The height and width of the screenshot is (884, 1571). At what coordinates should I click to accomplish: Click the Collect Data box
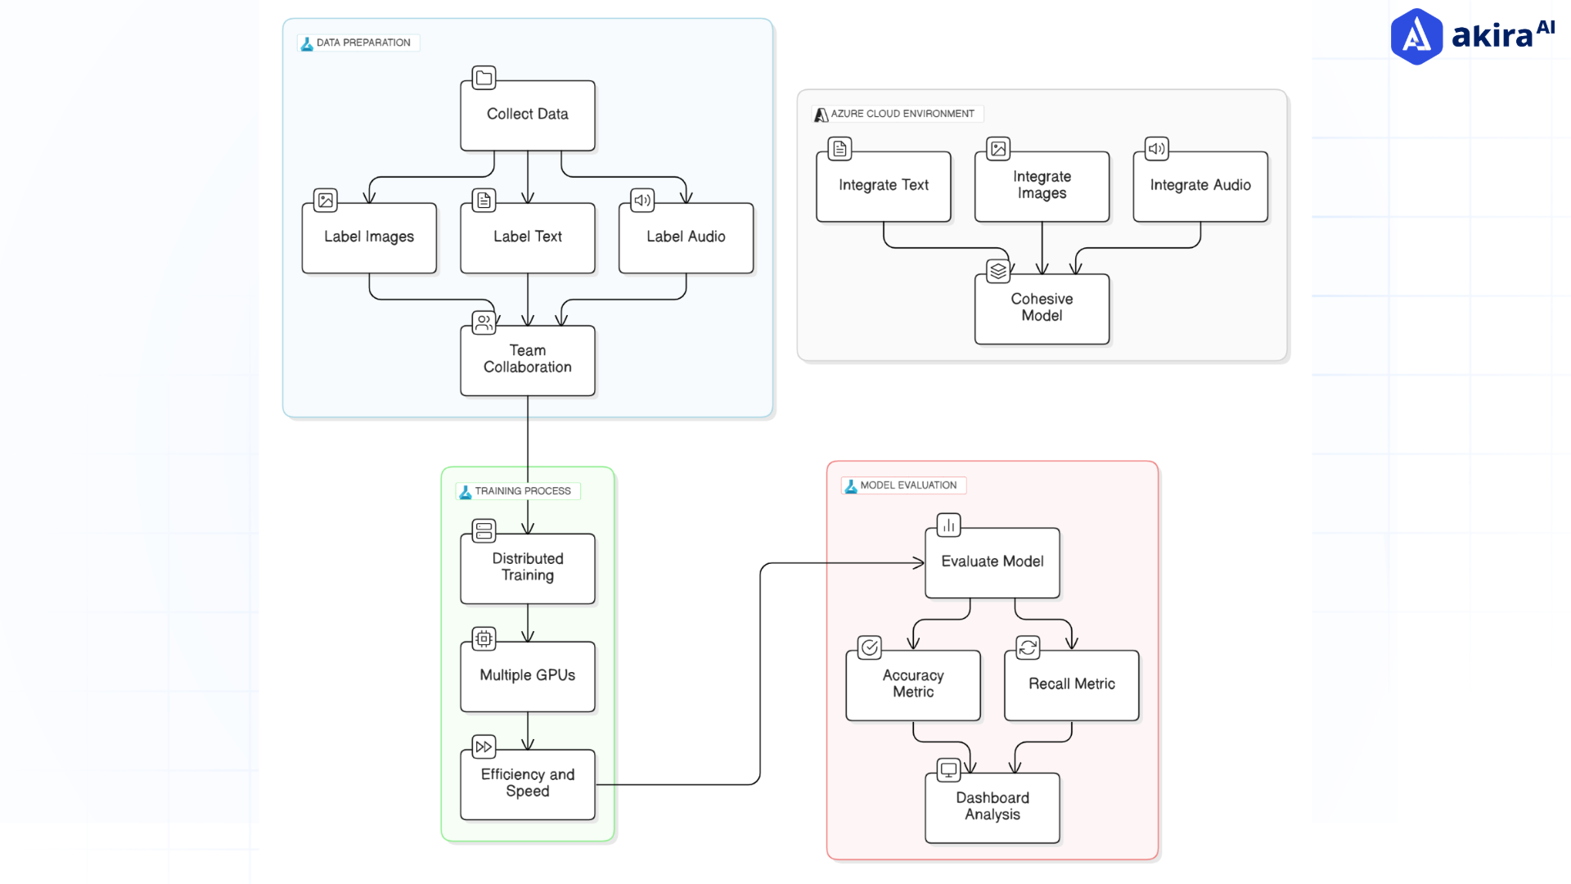click(527, 115)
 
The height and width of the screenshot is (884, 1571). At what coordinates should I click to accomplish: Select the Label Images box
click(369, 237)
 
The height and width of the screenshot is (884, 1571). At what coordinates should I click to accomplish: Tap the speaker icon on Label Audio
click(642, 200)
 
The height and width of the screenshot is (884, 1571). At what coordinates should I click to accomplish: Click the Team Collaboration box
click(527, 360)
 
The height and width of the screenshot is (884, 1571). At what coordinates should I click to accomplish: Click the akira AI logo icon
click(1416, 37)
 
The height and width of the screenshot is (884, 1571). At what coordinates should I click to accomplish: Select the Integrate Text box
click(883, 187)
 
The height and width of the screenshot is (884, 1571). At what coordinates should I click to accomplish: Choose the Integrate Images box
click(1042, 187)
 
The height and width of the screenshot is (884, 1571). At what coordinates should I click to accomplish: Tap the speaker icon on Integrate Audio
click(1156, 149)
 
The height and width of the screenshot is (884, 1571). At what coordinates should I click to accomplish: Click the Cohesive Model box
click(1042, 309)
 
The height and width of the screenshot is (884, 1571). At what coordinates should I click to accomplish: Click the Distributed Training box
click(527, 568)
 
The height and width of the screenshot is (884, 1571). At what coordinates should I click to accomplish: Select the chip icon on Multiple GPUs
click(484, 638)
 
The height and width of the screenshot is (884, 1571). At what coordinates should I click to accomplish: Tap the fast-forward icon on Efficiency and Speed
click(484, 746)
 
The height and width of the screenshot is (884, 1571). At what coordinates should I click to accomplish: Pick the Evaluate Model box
click(992, 562)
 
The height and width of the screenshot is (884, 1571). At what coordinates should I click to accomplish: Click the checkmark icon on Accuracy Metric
click(869, 647)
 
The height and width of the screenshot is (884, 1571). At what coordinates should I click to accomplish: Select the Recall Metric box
click(1071, 685)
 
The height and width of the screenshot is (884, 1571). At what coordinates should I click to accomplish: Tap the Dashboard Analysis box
click(992, 807)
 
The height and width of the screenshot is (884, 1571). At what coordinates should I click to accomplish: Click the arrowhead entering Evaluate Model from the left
click(920, 562)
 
